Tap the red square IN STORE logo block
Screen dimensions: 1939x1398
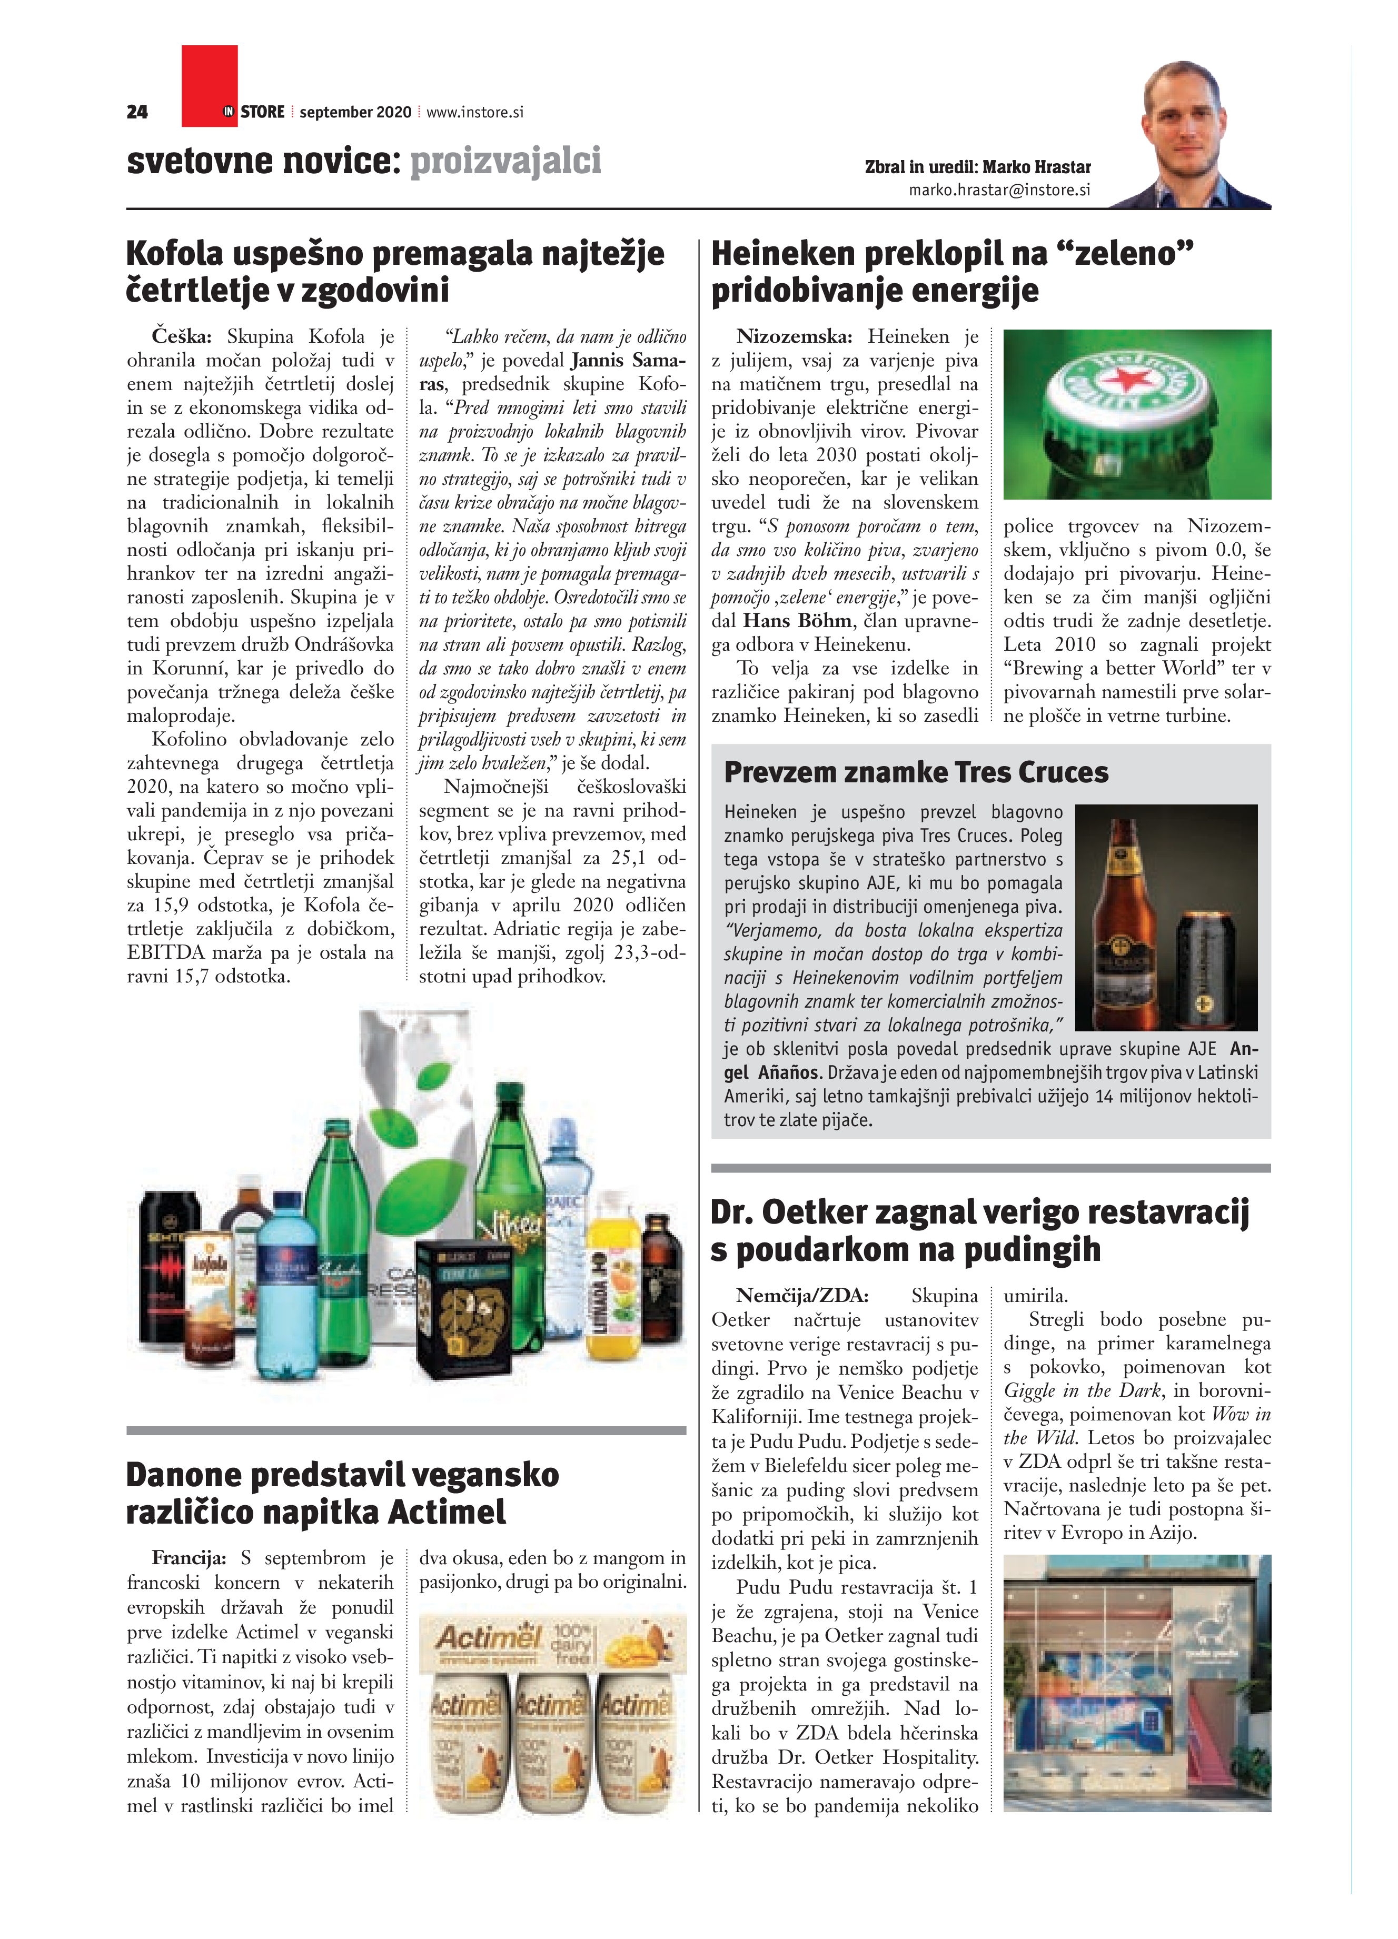210,85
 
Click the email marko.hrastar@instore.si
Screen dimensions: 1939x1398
999,190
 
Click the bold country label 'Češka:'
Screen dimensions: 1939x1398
181,337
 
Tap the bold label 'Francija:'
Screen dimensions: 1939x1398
188,1558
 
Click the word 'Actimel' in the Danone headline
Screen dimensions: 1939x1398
447,1512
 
